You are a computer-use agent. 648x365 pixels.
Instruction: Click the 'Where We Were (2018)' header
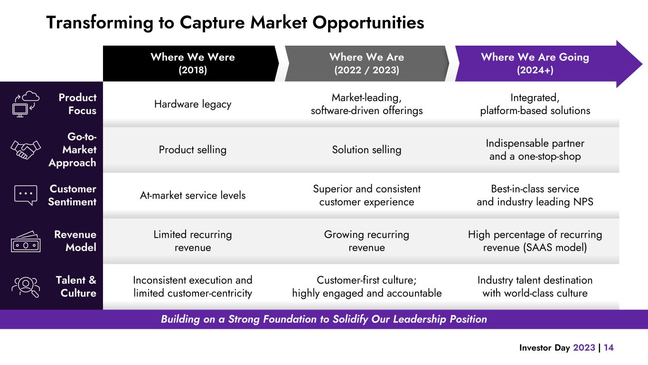coord(192,64)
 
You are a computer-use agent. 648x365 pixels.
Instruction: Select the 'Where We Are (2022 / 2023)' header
coord(366,64)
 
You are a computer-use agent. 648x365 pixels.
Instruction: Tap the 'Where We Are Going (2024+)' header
coord(535,64)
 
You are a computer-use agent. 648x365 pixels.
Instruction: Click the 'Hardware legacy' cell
coord(192,104)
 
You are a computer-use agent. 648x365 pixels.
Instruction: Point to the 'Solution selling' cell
coord(366,150)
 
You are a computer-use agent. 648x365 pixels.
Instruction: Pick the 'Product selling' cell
coord(192,150)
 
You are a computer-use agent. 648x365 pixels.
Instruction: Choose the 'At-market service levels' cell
coord(192,195)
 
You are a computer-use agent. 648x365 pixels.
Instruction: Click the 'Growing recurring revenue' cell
coord(366,241)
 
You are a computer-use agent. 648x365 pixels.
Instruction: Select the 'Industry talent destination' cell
coord(535,287)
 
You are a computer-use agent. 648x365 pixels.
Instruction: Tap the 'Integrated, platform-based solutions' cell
coord(535,104)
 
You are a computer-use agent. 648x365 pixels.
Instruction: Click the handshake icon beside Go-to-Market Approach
coord(26,150)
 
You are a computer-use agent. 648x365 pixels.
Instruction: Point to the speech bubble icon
coord(26,195)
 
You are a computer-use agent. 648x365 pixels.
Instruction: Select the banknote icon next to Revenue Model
coord(26,241)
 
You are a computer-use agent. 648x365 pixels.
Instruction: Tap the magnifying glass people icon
coord(26,287)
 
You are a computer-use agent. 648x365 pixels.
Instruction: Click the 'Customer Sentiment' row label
coord(72,195)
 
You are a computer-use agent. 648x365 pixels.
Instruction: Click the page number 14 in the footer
coord(609,348)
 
